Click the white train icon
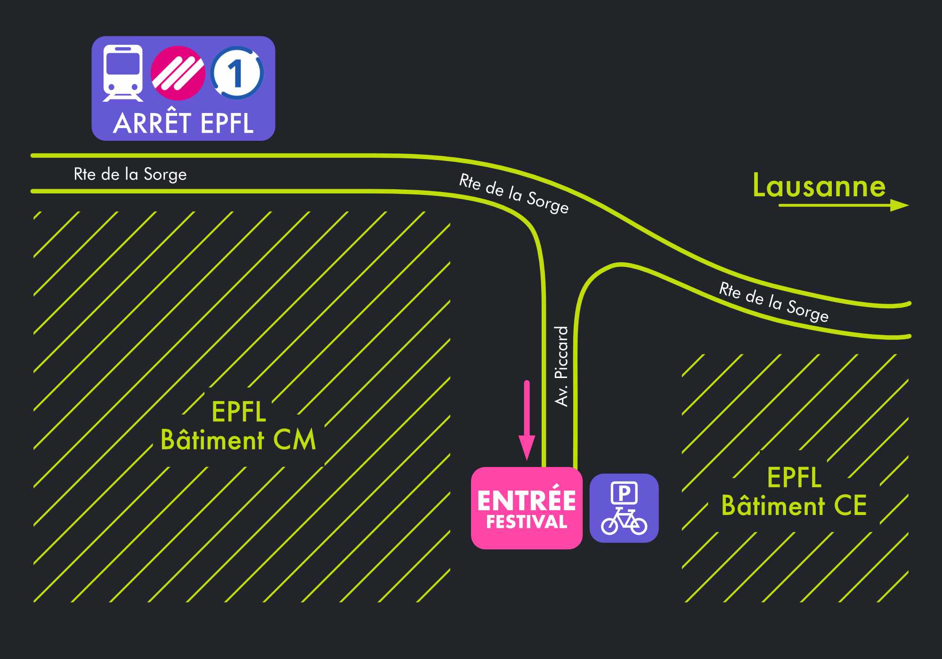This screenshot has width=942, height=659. tap(123, 72)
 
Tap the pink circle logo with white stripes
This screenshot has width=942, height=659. tap(178, 73)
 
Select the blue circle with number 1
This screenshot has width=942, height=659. tap(237, 73)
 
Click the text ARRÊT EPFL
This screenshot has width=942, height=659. tap(183, 123)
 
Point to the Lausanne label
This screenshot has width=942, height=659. tap(819, 185)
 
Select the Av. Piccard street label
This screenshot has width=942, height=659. tap(561, 366)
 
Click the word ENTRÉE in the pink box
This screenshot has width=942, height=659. tap(527, 500)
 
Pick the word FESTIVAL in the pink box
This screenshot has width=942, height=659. tap(527, 522)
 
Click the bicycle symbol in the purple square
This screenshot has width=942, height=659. tap(624, 522)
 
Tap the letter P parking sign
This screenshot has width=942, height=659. tap(624, 493)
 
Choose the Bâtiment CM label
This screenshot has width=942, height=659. tap(238, 441)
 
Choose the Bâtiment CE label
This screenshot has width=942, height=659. tap(794, 506)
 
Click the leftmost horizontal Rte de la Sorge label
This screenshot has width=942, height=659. tap(130, 174)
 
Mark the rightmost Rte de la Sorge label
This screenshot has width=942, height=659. tap(773, 302)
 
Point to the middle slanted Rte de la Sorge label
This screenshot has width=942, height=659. tap(514, 193)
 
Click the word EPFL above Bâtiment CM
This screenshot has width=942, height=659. tap(239, 412)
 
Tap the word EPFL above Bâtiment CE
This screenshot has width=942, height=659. tap(794, 477)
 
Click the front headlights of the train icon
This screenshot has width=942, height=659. tap(123, 88)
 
